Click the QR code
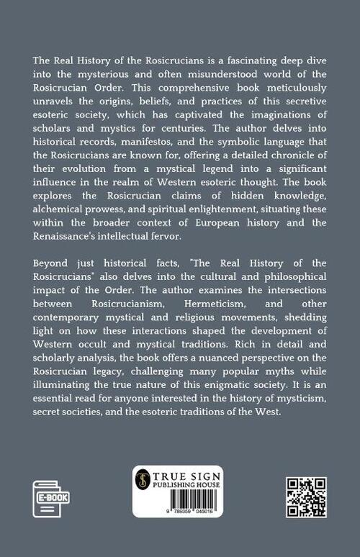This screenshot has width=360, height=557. (x=306, y=497)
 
